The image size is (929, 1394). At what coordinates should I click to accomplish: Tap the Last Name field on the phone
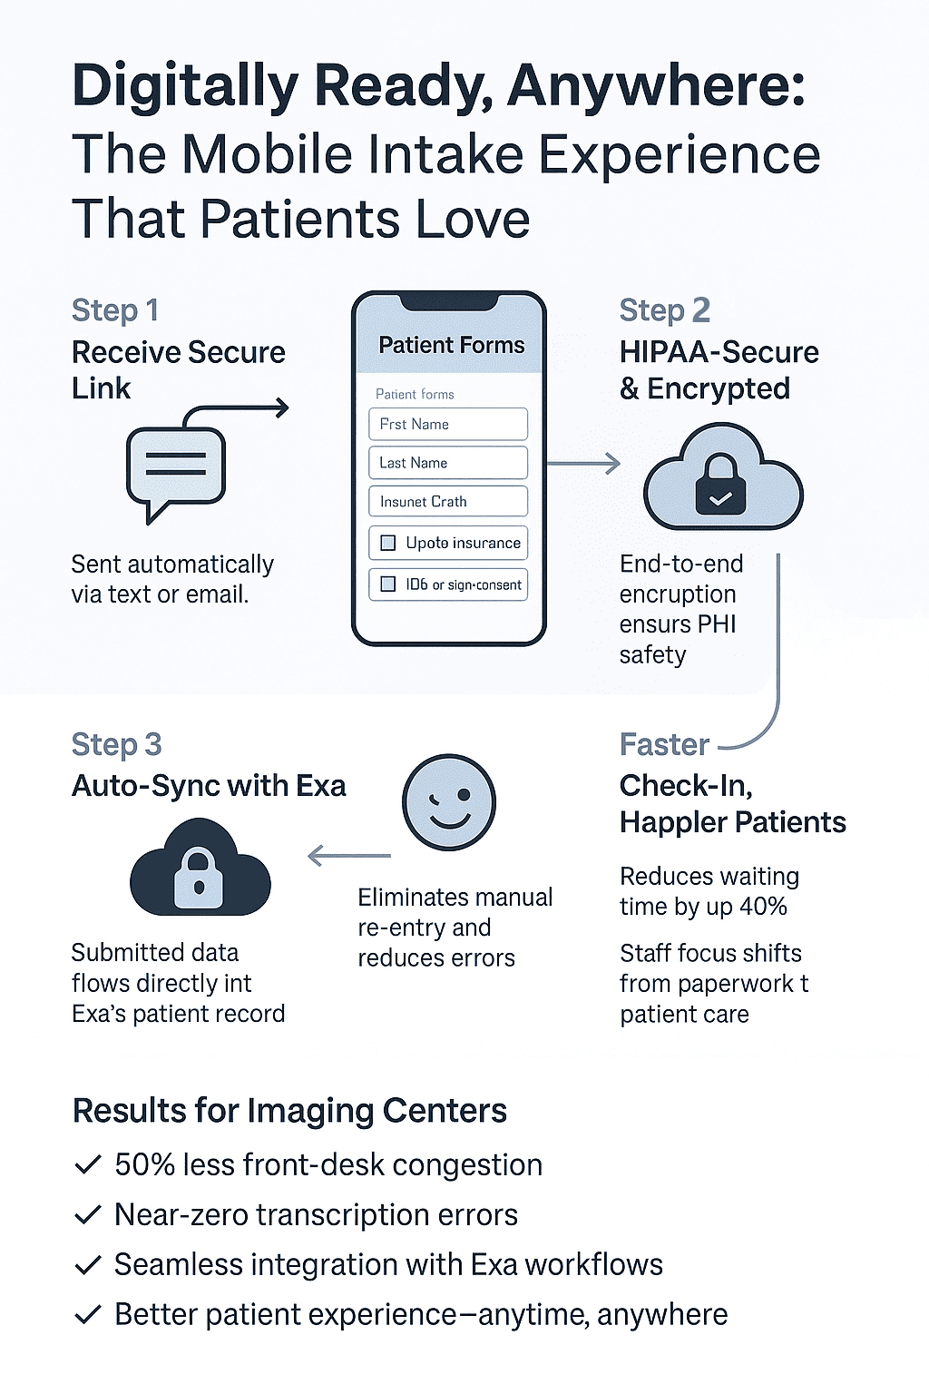point(447,463)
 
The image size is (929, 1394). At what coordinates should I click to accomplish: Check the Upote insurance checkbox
point(388,543)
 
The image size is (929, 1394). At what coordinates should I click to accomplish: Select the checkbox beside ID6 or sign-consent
point(388,584)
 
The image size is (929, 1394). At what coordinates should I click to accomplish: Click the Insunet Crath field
point(447,502)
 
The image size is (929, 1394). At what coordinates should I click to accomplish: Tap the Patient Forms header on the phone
point(451,346)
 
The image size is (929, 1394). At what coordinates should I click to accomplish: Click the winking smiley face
point(448,802)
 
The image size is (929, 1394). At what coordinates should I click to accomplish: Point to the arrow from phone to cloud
point(583,464)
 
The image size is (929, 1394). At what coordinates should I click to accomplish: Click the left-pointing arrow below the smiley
point(348,856)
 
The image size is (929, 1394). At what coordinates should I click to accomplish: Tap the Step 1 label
point(115,310)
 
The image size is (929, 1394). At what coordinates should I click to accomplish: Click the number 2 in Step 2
point(700,310)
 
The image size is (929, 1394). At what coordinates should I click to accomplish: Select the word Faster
point(664,745)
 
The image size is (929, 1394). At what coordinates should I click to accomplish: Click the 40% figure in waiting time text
point(763,907)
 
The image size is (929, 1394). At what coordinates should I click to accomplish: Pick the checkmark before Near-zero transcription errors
point(87,1215)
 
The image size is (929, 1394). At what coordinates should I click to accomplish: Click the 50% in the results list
point(144,1165)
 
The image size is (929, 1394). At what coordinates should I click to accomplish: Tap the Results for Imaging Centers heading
point(289,1111)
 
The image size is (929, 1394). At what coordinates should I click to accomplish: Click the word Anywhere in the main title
point(655,87)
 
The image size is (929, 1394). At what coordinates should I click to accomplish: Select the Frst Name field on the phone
point(447,424)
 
